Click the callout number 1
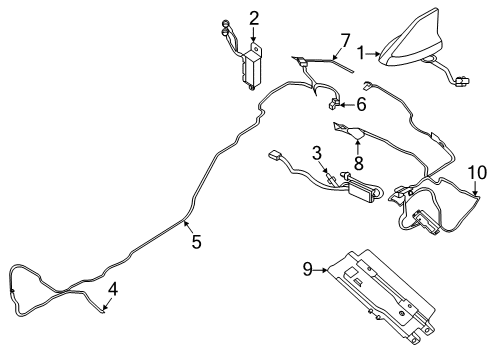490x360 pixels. click(x=361, y=53)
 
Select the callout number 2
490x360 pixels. click(x=254, y=18)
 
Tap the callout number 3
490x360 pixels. click(x=317, y=153)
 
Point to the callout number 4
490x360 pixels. click(x=113, y=289)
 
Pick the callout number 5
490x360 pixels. click(x=197, y=242)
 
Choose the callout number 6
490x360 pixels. click(x=361, y=104)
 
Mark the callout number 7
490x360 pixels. click(x=345, y=41)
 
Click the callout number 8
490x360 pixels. click(x=358, y=163)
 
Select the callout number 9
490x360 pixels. click(x=308, y=269)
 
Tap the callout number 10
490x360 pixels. click(x=477, y=173)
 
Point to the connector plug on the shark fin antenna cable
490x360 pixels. click(x=462, y=81)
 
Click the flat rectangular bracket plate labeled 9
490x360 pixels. click(x=382, y=297)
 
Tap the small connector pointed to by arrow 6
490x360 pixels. click(x=333, y=105)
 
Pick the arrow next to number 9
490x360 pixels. click(x=321, y=270)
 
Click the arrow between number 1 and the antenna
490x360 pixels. click(x=373, y=53)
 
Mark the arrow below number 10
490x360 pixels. click(x=476, y=188)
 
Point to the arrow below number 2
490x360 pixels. click(x=254, y=34)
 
